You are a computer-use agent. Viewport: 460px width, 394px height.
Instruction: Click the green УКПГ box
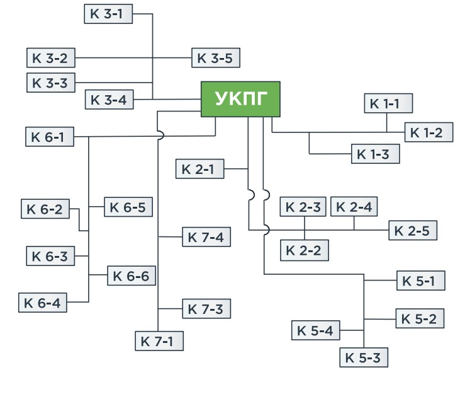[240, 99]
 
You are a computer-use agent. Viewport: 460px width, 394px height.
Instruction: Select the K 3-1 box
[108, 13]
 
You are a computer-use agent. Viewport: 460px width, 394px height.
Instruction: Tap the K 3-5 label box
[215, 58]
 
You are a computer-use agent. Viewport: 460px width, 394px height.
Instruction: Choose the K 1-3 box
[375, 154]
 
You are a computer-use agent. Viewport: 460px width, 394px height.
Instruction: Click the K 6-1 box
[50, 136]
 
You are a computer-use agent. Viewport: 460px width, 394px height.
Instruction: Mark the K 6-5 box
[129, 207]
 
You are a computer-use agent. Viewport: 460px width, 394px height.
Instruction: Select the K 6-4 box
[42, 303]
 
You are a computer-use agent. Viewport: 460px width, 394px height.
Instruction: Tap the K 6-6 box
[132, 275]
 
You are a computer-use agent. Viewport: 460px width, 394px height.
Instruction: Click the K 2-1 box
[199, 169]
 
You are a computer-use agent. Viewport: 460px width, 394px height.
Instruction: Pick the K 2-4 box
[354, 207]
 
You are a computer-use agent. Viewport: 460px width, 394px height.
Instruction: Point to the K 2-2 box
[304, 250]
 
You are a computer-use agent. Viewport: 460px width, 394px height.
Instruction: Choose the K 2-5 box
[412, 231]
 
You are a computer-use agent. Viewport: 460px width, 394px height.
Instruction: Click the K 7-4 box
[206, 237]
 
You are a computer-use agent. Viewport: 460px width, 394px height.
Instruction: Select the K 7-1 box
[159, 341]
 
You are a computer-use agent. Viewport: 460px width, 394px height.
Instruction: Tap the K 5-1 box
[420, 281]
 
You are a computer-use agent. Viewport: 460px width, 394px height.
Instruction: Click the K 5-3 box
[363, 357]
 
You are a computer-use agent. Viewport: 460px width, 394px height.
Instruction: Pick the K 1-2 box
[428, 132]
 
